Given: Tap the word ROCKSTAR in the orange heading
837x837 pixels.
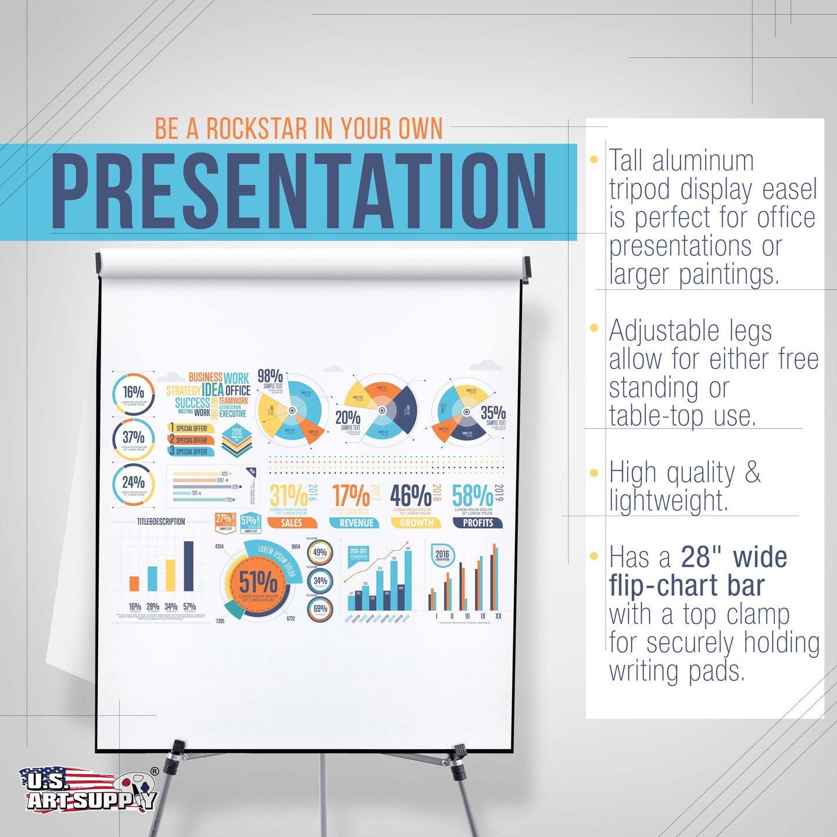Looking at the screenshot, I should tap(256, 128).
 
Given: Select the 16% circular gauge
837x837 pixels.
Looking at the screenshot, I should tap(134, 394).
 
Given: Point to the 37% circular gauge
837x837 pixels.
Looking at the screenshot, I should tap(134, 439).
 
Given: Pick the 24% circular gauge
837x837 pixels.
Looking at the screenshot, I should tap(134, 484).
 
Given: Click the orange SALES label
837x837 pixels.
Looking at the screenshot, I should tap(292, 523).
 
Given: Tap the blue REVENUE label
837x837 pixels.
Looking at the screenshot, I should tap(356, 523).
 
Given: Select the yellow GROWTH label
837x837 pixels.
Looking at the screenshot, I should tap(416, 523).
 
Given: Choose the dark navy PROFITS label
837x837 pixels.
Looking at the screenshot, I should tap(478, 523).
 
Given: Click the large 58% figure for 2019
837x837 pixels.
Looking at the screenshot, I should tap(472, 496).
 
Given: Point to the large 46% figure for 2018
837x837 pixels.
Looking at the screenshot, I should tap(410, 496).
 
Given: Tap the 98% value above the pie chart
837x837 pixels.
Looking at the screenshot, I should tap(270, 376).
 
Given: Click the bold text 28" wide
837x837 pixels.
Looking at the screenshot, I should tap(734, 557).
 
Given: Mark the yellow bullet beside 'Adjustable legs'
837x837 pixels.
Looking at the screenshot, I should tap(594, 328).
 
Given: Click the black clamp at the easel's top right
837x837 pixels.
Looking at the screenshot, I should tap(526, 270).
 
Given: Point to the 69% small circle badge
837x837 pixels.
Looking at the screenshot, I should tap(320, 609).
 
